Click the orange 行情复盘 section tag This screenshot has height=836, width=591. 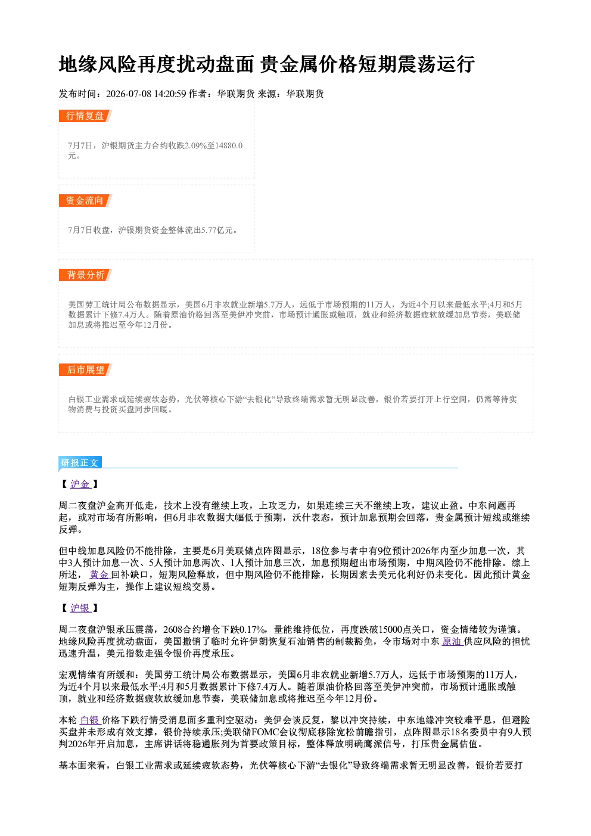point(85,116)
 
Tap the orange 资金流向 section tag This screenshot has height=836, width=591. point(85,200)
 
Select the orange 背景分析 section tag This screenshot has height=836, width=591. point(85,275)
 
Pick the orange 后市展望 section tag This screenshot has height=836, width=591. point(85,370)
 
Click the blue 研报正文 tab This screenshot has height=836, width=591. point(80,463)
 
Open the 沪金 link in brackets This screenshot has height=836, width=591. point(80,484)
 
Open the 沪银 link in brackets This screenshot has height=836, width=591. point(80,608)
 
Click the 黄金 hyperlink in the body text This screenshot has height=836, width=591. point(99,575)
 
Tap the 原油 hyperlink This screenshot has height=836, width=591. point(452,642)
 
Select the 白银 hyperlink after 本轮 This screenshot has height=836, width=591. point(89,720)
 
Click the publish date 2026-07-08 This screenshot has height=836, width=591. point(129,94)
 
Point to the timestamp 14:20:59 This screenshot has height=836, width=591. point(170,94)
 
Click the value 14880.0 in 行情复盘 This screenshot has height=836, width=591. point(229,145)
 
